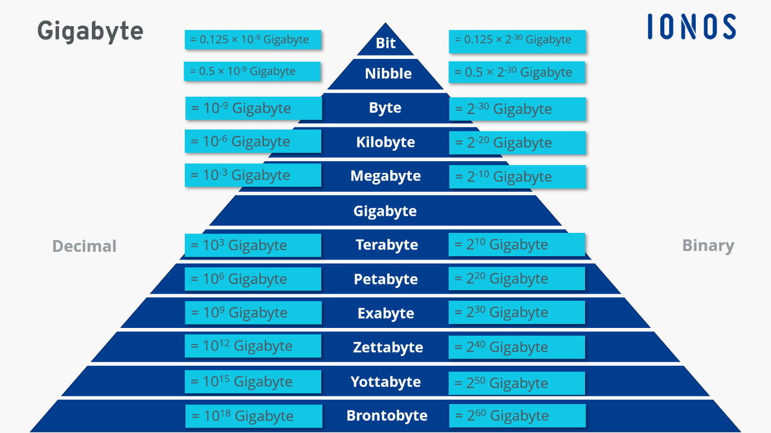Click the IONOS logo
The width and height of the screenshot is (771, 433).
pyautogui.click(x=691, y=27)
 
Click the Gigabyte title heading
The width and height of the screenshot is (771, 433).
pyautogui.click(x=90, y=31)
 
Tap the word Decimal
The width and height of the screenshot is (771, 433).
pyautogui.click(x=85, y=246)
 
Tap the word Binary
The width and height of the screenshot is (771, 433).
pyautogui.click(x=708, y=246)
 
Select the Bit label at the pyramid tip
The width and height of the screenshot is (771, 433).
pyautogui.click(x=386, y=43)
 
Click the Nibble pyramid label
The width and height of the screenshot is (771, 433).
pyautogui.click(x=388, y=73)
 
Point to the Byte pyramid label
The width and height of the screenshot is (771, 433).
pyautogui.click(x=385, y=108)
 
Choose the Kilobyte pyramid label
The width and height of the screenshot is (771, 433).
pyautogui.click(x=386, y=142)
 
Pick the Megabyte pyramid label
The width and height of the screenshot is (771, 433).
pyautogui.click(x=386, y=176)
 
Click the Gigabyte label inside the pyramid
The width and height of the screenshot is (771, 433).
pyautogui.click(x=385, y=211)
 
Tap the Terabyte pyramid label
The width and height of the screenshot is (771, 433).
pyautogui.click(x=386, y=245)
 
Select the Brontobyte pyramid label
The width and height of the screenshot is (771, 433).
pyautogui.click(x=387, y=416)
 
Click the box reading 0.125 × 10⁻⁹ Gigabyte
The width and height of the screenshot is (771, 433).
pyautogui.click(x=253, y=40)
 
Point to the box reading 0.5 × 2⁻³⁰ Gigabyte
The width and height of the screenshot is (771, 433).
pyautogui.click(x=517, y=72)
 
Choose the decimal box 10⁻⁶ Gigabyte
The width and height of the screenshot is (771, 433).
pyautogui.click(x=253, y=142)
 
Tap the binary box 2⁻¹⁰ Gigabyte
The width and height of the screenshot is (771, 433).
pyautogui.click(x=517, y=177)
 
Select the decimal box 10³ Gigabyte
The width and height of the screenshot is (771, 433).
pyautogui.click(x=253, y=245)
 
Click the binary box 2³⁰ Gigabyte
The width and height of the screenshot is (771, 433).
pyautogui.click(x=517, y=313)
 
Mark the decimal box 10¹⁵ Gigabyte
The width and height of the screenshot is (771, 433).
pyautogui.click(x=253, y=382)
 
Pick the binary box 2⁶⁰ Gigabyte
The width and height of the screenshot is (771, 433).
pyautogui.click(x=517, y=416)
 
